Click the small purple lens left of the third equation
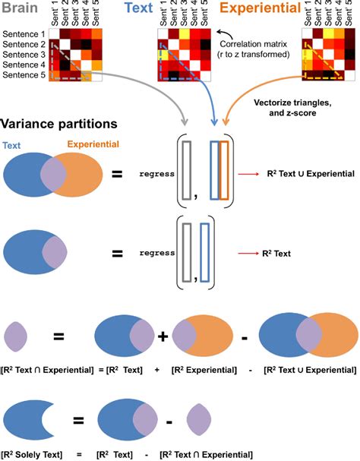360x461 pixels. (x=16, y=336)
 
